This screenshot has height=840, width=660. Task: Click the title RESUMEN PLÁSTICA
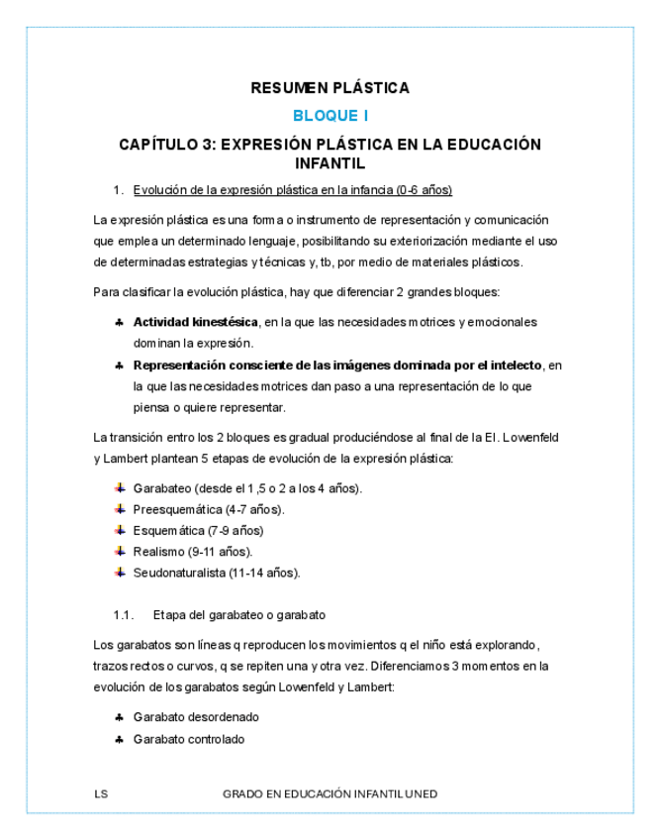pos(330,88)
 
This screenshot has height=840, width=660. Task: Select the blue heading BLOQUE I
pos(330,116)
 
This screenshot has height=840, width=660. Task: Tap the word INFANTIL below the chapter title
pos(330,162)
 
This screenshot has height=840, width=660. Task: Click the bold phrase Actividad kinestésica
pos(195,322)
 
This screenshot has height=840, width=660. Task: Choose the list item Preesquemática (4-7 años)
pos(208,509)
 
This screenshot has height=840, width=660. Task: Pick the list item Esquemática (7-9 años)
pos(198,530)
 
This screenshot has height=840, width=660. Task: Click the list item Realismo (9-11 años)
pos(192,552)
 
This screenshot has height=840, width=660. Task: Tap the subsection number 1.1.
pos(123,614)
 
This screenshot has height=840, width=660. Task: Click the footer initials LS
pos(100,794)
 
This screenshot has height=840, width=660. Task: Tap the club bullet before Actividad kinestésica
pos(119,322)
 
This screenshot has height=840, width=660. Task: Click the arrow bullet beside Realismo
pos(119,551)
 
